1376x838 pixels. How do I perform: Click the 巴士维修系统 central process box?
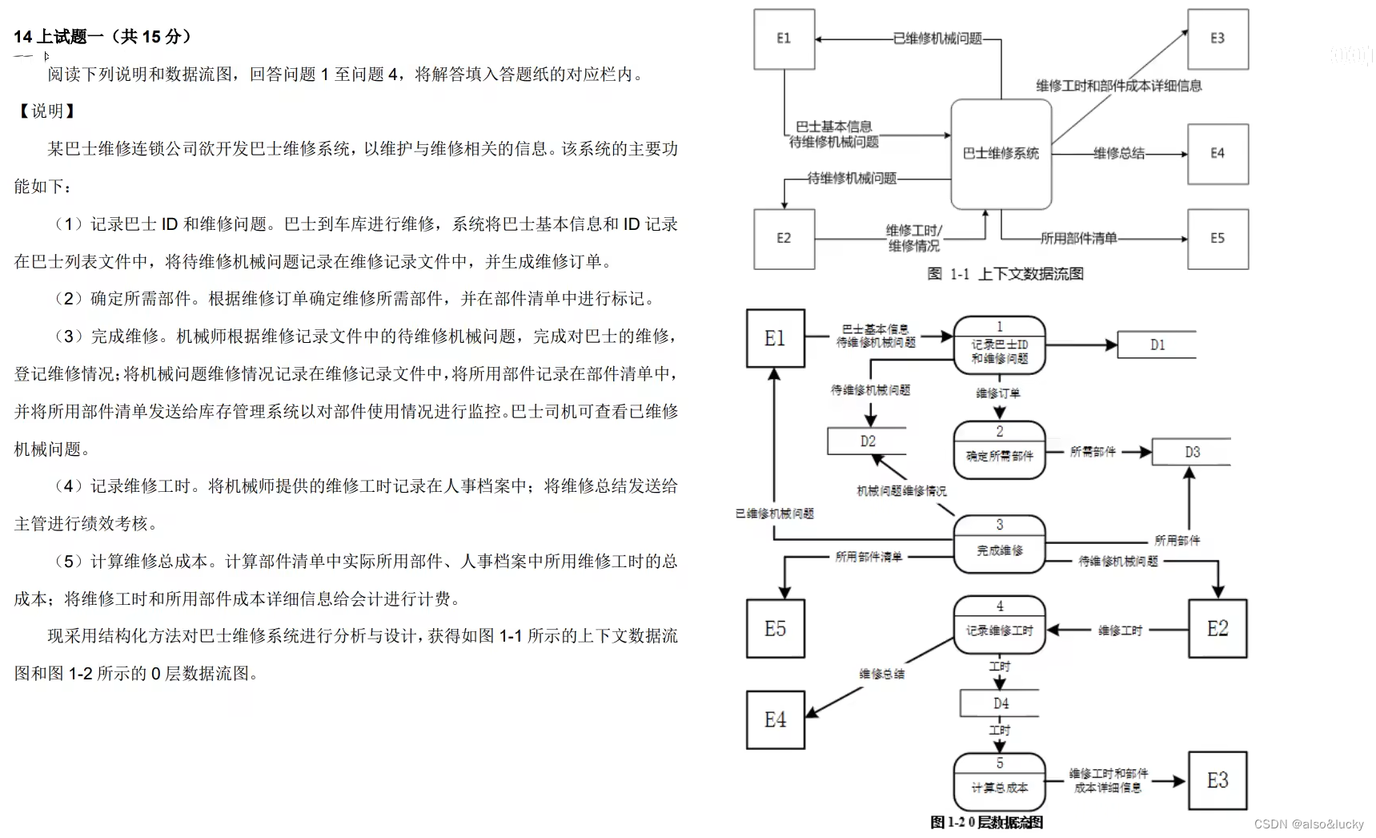click(x=1001, y=153)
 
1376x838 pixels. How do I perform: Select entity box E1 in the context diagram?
click(x=784, y=38)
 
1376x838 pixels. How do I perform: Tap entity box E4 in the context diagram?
click(x=1217, y=154)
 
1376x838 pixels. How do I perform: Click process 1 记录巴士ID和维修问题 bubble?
click(x=999, y=346)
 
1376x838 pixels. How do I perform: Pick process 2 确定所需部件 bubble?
click(x=999, y=450)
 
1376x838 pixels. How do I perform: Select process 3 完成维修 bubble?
click(x=999, y=544)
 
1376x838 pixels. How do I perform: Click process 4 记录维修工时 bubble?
click(x=999, y=625)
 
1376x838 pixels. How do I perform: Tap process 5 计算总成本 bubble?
click(x=999, y=781)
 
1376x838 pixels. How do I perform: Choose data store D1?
click(x=1157, y=344)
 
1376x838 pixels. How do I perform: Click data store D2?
click(x=868, y=441)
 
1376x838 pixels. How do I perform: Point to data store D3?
click(x=1191, y=452)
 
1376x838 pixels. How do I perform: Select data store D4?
click(x=1001, y=703)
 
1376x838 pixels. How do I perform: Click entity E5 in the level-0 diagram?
click(x=775, y=629)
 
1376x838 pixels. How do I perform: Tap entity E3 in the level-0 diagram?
click(x=1217, y=780)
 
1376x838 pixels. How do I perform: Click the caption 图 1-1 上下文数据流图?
click(x=1005, y=274)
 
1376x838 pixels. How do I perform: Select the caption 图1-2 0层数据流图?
click(x=986, y=822)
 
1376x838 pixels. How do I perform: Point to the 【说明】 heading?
click(x=46, y=111)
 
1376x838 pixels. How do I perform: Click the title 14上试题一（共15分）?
click(x=102, y=37)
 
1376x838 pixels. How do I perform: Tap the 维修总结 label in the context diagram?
click(x=1118, y=153)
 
